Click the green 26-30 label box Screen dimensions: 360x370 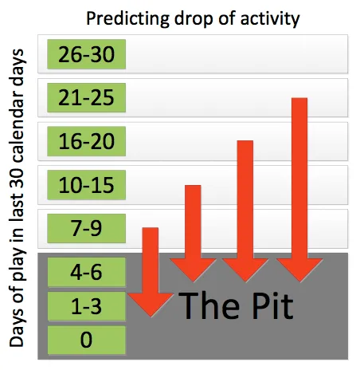pyautogui.click(x=86, y=54)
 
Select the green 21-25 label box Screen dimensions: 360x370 pyautogui.click(x=86, y=97)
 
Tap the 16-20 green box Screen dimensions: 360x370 pyautogui.click(x=86, y=141)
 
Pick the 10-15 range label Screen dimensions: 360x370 pyautogui.click(x=86, y=185)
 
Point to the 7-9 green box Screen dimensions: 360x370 pyautogui.click(x=86, y=228)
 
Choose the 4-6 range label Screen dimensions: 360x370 pyautogui.click(x=86, y=272)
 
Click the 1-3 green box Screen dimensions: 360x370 pyautogui.click(x=86, y=306)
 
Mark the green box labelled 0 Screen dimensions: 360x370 pyautogui.click(x=86, y=340)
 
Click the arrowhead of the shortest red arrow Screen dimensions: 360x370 pyautogui.click(x=151, y=305)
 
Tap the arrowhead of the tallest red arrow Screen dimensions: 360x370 pyautogui.click(x=299, y=270)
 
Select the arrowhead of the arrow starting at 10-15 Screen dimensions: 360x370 pyautogui.click(x=193, y=270)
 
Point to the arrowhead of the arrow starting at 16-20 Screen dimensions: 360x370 pyautogui.click(x=245, y=270)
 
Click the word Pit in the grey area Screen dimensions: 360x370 pyautogui.click(x=272, y=305)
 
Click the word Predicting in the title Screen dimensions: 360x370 pyautogui.click(x=128, y=19)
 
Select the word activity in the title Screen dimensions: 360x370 pyautogui.click(x=270, y=19)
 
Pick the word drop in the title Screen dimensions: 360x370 pyautogui.click(x=194, y=19)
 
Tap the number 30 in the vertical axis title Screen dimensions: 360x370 pyautogui.click(x=18, y=175)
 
